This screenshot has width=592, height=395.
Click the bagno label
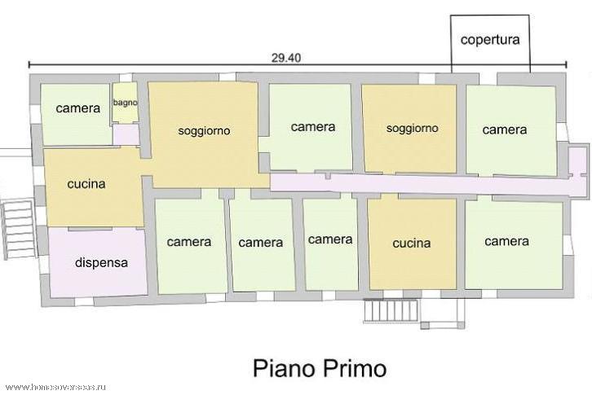coord(125,103)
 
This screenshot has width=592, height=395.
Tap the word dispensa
coord(101,262)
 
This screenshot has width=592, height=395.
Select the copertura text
coord(490,40)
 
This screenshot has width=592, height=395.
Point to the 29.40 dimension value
coord(286,58)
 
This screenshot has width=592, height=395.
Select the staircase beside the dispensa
coord(19,230)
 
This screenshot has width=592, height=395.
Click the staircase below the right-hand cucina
coord(391,311)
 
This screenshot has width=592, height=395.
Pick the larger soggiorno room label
coord(204,131)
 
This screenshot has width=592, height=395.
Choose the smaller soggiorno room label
coord(413,129)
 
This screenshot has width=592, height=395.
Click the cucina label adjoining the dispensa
coord(86,184)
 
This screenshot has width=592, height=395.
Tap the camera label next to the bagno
coord(77,108)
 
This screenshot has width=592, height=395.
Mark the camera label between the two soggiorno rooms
coord(313,127)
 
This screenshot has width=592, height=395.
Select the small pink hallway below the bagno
coord(126,135)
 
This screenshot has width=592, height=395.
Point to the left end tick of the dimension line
coord(29,65)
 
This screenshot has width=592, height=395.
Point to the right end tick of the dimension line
coord(567,65)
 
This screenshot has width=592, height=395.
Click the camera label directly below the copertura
coord(505,130)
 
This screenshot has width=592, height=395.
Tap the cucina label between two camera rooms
coord(412,244)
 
